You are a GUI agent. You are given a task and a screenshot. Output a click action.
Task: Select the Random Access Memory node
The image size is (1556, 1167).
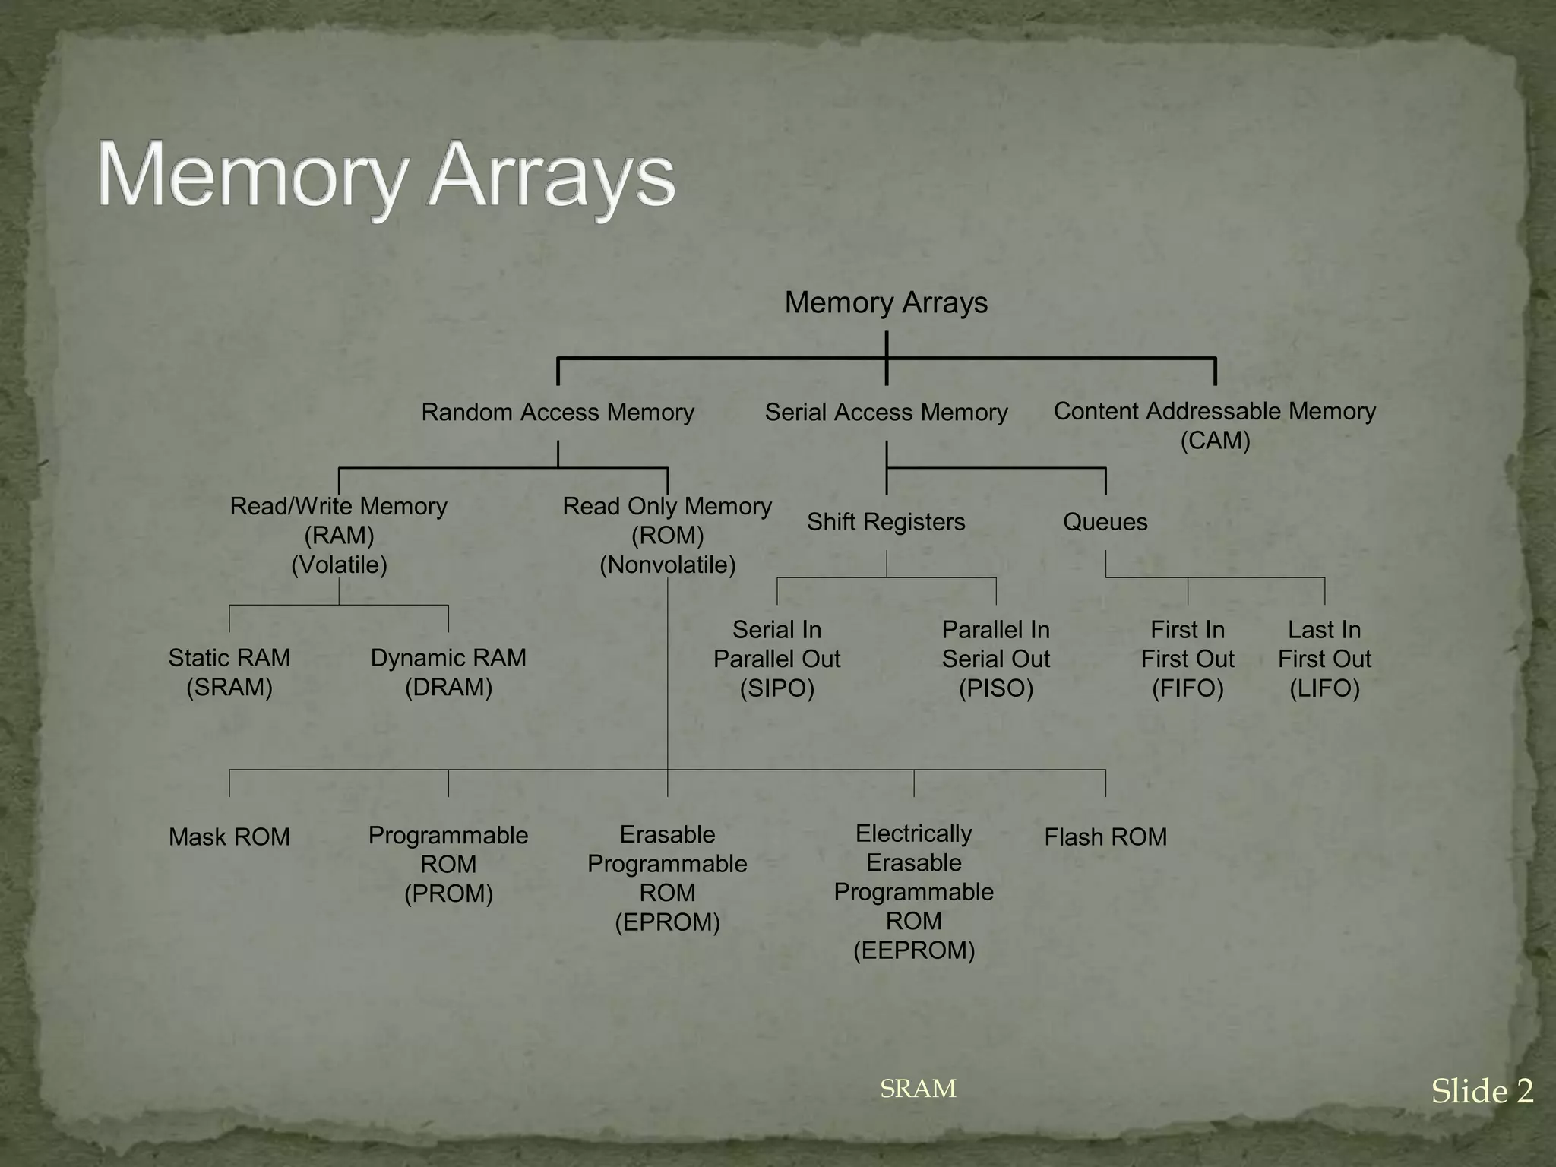tap(558, 413)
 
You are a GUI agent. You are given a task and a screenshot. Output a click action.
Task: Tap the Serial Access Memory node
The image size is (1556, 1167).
tap(886, 413)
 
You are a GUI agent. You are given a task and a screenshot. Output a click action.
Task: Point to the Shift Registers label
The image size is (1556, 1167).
tap(886, 522)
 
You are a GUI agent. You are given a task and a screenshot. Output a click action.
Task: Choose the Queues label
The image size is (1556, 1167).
tap(1105, 522)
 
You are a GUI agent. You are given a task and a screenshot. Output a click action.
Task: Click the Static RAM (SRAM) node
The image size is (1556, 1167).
tap(229, 672)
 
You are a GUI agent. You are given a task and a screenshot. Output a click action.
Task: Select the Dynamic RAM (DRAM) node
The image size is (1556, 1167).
tap(448, 672)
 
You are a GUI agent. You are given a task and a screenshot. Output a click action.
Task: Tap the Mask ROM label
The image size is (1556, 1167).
tap(229, 837)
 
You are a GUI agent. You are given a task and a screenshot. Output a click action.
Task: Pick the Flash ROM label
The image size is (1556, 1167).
tap(1105, 837)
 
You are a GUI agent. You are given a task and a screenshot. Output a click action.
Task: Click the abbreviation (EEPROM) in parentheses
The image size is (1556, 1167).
tap(914, 950)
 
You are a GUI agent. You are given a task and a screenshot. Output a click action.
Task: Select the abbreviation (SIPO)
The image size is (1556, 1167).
tap(777, 688)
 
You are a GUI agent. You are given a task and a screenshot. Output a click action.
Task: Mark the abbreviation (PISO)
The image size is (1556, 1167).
tap(996, 688)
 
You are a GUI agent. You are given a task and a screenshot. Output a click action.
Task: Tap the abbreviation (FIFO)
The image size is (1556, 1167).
tap(1188, 688)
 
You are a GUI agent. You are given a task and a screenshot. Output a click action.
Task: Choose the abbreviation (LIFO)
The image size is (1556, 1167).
tap(1324, 688)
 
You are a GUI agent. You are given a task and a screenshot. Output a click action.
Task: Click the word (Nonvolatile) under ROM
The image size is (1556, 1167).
tap(668, 565)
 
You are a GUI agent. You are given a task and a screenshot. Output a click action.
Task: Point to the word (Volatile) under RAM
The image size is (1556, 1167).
tap(339, 565)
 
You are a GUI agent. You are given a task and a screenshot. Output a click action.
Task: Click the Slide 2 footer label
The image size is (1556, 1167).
tap(1482, 1092)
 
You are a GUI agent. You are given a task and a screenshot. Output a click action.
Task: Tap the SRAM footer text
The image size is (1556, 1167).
tap(918, 1089)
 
